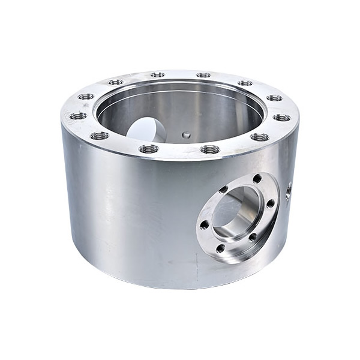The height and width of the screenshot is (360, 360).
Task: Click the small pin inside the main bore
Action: pyautogui.click(x=186, y=135)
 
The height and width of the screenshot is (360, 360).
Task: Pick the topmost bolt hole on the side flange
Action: pyautogui.click(x=257, y=179)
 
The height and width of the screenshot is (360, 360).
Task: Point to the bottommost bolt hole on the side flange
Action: pyautogui.click(x=220, y=248)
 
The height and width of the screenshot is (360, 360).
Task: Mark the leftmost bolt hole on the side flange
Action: pyautogui.click(x=205, y=225)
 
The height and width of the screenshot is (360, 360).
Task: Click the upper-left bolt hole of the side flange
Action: pyautogui.click(x=223, y=191)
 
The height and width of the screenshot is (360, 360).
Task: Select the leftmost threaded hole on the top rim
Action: pyautogui.click(x=78, y=116)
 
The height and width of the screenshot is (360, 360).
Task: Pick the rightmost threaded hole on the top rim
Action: pyautogui.click(x=281, y=117)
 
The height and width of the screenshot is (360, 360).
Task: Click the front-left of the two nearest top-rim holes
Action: pyautogui.click(x=148, y=148)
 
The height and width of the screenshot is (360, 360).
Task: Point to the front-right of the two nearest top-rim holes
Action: pyautogui.click(x=209, y=149)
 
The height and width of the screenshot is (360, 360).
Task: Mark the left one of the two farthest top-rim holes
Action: pyautogui.click(x=157, y=75)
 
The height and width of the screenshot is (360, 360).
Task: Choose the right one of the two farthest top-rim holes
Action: pyautogui.click(x=203, y=75)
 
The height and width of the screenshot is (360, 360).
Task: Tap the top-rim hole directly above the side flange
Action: pyautogui.click(x=259, y=137)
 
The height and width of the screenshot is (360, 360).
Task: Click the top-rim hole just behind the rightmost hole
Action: pyautogui.click(x=274, y=98)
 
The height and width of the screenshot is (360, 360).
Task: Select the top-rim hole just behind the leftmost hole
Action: pyautogui.click(x=86, y=96)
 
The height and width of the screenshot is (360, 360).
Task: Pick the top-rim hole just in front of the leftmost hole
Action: pyautogui.click(x=100, y=136)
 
